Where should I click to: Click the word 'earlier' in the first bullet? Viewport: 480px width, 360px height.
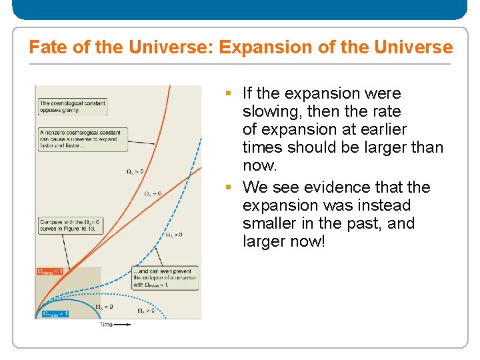pyautogui.click(x=382, y=129)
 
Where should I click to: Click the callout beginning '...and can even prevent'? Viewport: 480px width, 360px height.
pyautogui.click(x=164, y=279)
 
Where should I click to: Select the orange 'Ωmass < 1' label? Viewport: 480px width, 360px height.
pyautogui.click(x=51, y=271)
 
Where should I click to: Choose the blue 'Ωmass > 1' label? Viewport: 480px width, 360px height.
pyautogui.click(x=55, y=313)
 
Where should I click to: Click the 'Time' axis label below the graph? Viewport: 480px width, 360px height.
pyautogui.click(x=106, y=325)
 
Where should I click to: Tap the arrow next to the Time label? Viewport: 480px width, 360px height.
pyautogui.click(x=122, y=325)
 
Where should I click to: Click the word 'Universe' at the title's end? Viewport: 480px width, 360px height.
pyautogui.click(x=414, y=47)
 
